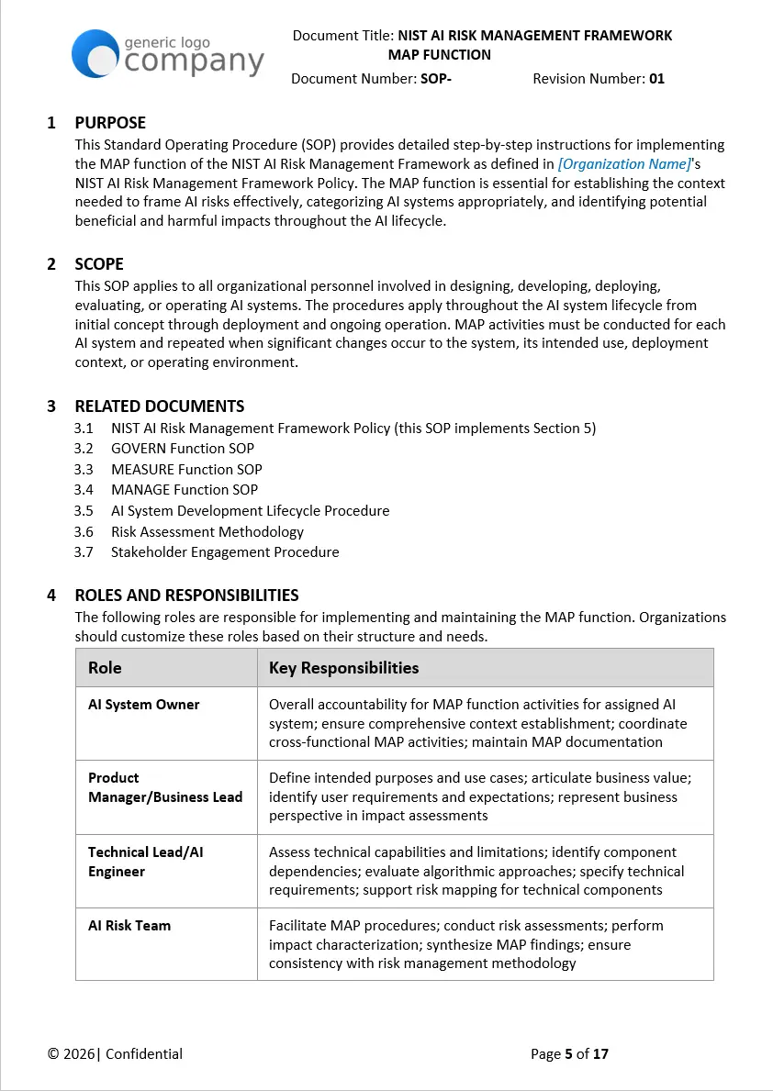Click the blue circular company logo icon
(95, 53)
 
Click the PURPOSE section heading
(109, 123)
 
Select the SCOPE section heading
(98, 264)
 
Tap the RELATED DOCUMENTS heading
(159, 406)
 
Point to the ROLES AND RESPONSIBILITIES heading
(186, 596)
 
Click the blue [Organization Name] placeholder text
(624, 164)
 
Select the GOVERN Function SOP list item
(182, 449)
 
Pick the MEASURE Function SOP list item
(186, 470)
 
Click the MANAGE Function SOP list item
(184, 490)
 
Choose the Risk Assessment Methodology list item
(207, 532)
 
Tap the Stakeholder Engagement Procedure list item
(225, 552)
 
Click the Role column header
(105, 668)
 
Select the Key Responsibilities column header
(343, 668)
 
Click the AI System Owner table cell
(143, 705)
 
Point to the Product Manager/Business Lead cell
(165, 787)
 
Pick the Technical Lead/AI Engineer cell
(145, 862)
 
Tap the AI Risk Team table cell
(129, 926)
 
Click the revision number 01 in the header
(656, 79)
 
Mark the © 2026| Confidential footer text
(115, 1054)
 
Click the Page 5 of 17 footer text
(569, 1054)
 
